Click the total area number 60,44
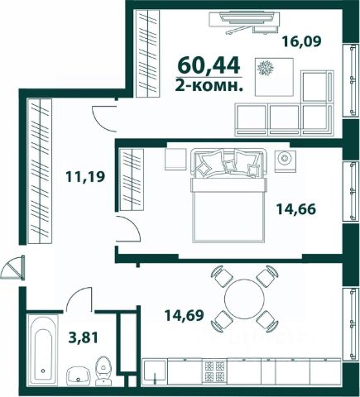[x=209, y=66]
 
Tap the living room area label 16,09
[x=301, y=41]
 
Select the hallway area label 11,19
[x=85, y=176]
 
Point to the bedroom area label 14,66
[x=296, y=209]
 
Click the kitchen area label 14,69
[x=184, y=315]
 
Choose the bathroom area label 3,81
[x=83, y=337]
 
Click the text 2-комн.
[x=209, y=87]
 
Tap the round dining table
[x=244, y=299]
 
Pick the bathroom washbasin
[x=79, y=375]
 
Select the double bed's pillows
[x=228, y=163]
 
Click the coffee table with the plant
[x=274, y=77]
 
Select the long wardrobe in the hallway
[x=40, y=171]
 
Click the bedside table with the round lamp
[x=286, y=161]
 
